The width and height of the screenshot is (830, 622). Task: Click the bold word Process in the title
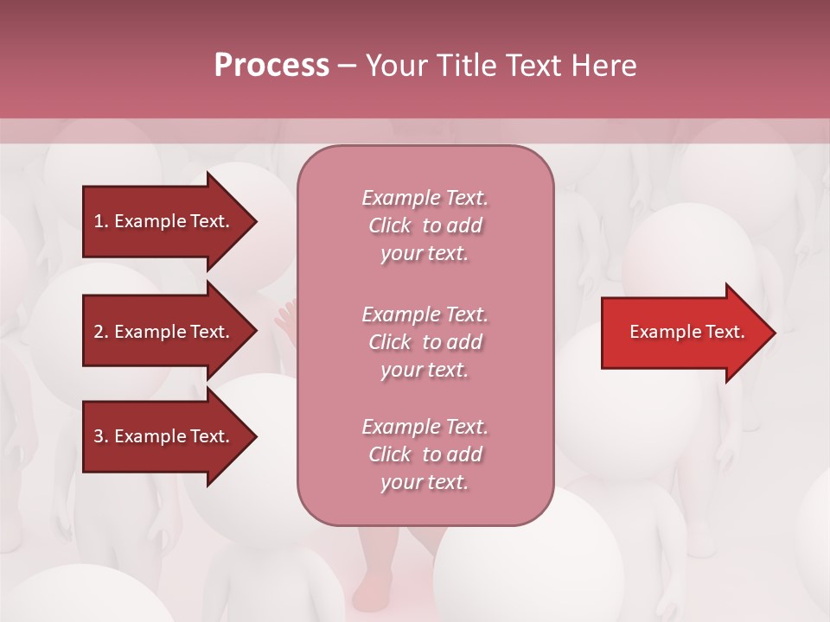click(271, 66)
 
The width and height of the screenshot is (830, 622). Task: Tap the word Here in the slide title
click(603, 66)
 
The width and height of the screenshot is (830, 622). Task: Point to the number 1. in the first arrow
click(101, 221)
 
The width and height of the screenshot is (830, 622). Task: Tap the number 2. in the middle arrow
click(101, 332)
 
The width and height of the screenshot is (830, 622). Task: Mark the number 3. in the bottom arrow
click(101, 436)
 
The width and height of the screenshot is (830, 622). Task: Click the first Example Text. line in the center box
click(425, 198)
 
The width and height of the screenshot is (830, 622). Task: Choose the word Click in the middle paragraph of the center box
click(390, 342)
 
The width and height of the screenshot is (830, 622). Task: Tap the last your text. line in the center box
click(425, 482)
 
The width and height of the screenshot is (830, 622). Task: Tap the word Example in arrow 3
click(146, 436)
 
